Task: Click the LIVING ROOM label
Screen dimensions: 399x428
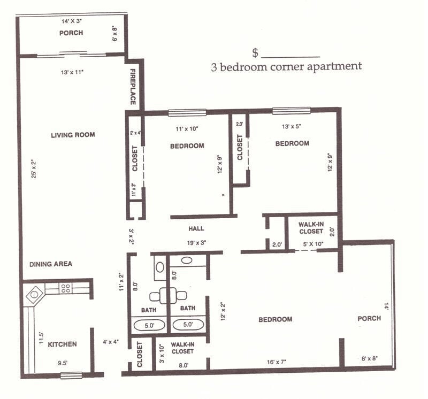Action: [73, 135]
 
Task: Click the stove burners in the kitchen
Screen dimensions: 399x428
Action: [65, 288]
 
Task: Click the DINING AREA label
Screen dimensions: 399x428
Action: [50, 264]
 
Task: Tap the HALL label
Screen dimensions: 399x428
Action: [196, 228]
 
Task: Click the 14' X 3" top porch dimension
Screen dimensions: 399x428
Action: [72, 20]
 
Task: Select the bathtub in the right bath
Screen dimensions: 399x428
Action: [188, 325]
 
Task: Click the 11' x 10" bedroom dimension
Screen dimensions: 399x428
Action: [187, 128]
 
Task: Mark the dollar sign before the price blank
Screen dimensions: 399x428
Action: [256, 52]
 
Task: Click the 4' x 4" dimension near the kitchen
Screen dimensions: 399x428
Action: [111, 341]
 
